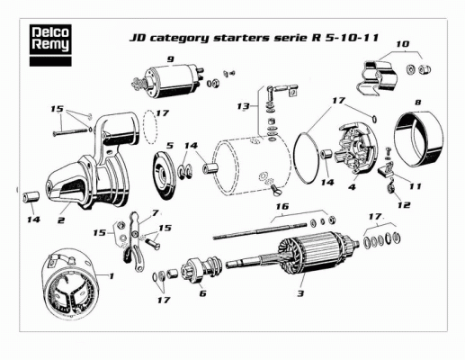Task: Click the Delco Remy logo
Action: (x=50, y=45)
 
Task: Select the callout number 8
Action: (x=417, y=103)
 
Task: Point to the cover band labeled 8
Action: (x=419, y=139)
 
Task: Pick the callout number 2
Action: (x=61, y=220)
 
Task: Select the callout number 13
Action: (x=243, y=106)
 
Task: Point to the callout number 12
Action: (x=404, y=205)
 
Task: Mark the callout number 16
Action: (x=282, y=206)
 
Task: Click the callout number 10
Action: (x=403, y=44)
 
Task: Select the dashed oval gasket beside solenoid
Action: (x=149, y=127)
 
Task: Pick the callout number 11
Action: (x=416, y=186)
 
